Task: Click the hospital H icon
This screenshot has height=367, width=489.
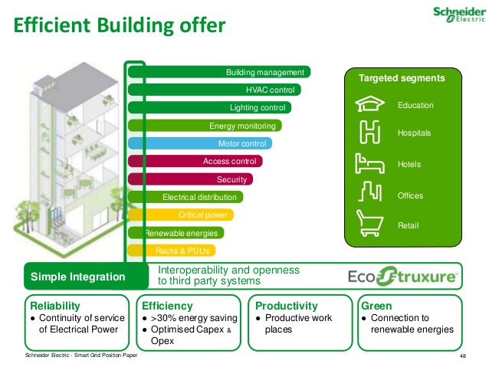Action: tap(369, 133)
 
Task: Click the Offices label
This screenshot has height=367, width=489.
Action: tap(410, 196)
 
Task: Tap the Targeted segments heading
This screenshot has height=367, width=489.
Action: tap(402, 78)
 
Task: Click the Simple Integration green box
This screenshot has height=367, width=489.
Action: tap(85, 277)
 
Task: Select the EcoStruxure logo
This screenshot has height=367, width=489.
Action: tap(404, 276)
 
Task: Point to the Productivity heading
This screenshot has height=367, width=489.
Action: tap(287, 306)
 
